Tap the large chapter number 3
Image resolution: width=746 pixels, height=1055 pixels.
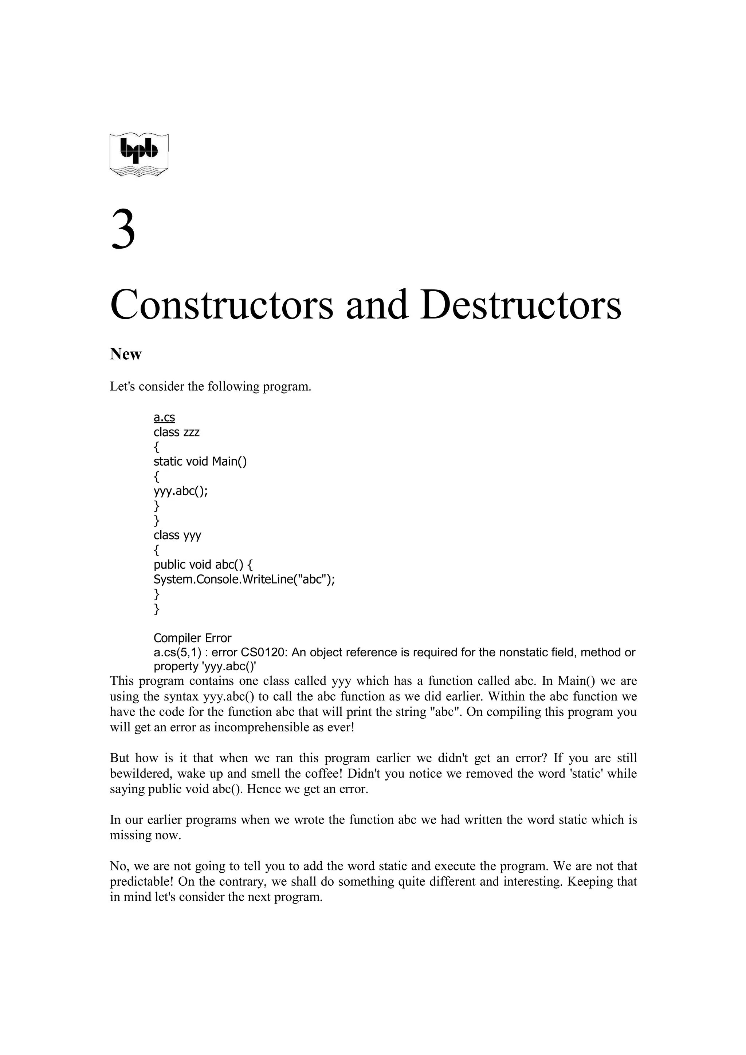[123, 230]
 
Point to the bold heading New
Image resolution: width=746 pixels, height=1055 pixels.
[125, 354]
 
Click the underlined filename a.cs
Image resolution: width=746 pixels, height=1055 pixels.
[164, 418]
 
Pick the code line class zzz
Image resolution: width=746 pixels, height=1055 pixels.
[177, 432]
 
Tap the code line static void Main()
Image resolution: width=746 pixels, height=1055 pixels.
[200, 461]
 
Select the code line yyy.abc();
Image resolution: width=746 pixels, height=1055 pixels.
[181, 491]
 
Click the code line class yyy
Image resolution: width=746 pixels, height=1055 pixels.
[177, 535]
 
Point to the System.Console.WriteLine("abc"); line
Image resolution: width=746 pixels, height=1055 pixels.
[244, 580]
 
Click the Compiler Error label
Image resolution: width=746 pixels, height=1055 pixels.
[192, 638]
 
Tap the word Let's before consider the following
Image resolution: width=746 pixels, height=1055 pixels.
[122, 387]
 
